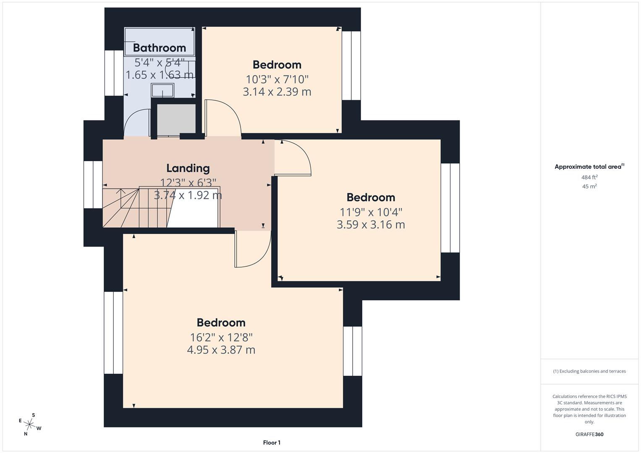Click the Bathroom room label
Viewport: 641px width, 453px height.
click(x=159, y=48)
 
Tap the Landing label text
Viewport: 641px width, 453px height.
click(x=188, y=168)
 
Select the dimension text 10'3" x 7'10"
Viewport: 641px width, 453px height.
click(x=277, y=79)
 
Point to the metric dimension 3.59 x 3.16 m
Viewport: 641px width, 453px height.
click(x=371, y=225)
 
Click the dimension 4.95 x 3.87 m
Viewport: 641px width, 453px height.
click(x=221, y=350)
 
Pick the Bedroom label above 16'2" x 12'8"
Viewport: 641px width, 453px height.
click(x=221, y=323)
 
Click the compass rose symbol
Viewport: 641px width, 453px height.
click(x=30, y=424)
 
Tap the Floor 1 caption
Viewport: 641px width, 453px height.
click(x=272, y=443)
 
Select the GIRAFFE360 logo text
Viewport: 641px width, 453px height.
click(x=589, y=434)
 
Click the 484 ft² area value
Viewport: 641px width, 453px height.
click(x=589, y=177)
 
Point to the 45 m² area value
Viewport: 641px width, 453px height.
click(x=589, y=187)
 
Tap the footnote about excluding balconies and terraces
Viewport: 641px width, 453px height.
click(x=589, y=371)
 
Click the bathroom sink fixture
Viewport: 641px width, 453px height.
click(x=162, y=90)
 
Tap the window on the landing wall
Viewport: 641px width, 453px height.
click(x=93, y=185)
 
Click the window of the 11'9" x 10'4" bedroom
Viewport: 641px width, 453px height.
click(x=450, y=208)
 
